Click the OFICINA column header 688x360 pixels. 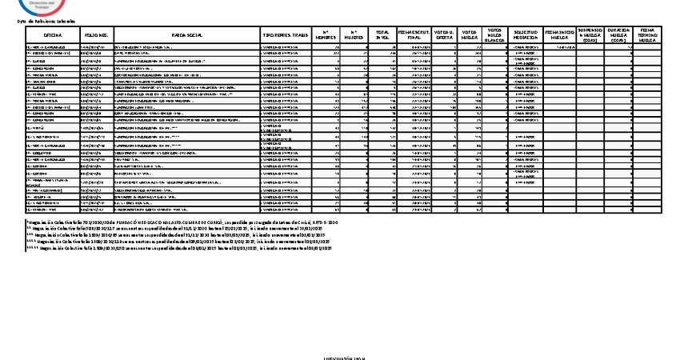pos(53,36)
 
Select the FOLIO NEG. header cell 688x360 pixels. pos(96,36)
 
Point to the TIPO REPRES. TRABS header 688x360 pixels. pos(286,36)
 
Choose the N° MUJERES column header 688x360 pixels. pos(355,36)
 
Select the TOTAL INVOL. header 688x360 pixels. pos(383,36)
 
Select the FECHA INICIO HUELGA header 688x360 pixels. pos(559,36)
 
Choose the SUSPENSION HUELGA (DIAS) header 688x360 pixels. pos(590,36)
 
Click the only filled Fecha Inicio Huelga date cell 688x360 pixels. pos(559,47)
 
